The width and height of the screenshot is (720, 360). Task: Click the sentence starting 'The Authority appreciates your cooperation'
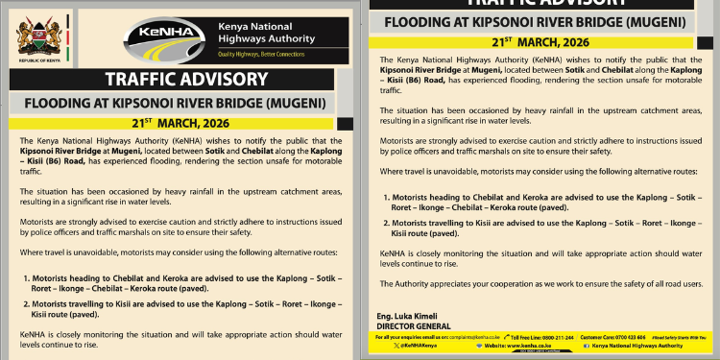pos(542,283)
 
